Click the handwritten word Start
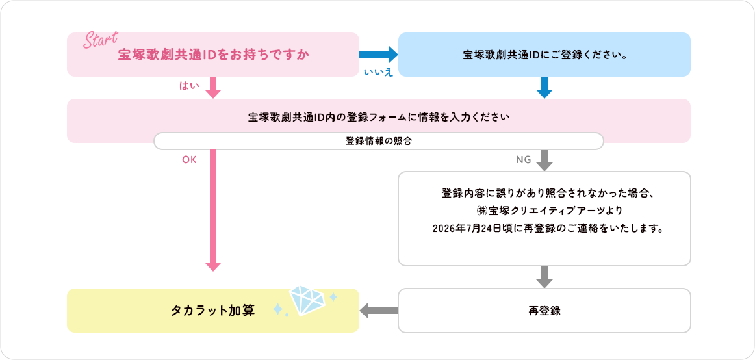pos(101,39)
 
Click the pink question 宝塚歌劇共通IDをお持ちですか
pos(213,55)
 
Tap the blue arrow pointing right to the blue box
pos(378,55)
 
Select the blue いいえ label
pos(378,72)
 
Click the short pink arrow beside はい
pos(213,88)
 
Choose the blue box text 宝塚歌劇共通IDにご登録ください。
pos(544,55)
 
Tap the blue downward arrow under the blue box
pos(544,88)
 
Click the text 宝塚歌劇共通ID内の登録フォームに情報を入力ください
pos(379,117)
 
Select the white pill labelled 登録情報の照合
pos(378,141)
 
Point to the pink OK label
pos(189,161)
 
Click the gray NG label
pos(524,161)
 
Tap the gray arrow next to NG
pos(544,161)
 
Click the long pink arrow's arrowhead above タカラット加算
pos(213,266)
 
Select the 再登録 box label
pos(544,311)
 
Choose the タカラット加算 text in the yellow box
pos(213,311)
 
